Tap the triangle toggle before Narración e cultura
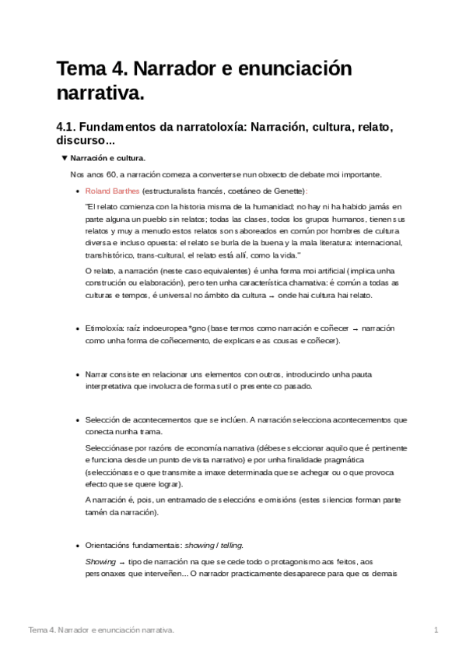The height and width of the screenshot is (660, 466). (x=65, y=158)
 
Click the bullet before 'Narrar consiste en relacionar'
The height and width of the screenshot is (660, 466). (x=76, y=374)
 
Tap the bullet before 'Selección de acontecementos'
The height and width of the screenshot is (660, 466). (x=76, y=420)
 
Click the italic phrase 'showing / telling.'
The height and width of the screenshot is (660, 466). (x=224, y=546)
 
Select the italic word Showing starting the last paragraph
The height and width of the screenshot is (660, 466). (x=99, y=561)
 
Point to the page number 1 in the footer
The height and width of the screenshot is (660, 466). (x=436, y=628)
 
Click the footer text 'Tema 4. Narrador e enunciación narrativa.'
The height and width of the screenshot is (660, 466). (x=101, y=628)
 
